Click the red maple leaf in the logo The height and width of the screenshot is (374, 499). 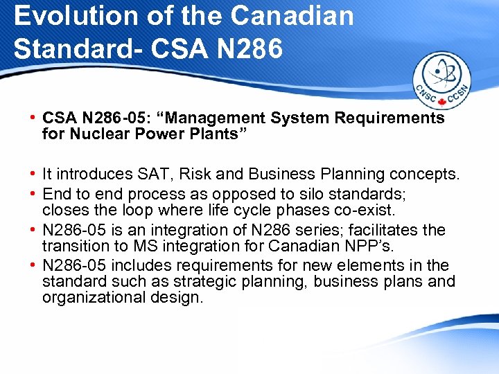pyautogui.click(x=441, y=103)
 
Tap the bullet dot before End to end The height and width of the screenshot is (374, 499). pyautogui.click(x=33, y=193)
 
